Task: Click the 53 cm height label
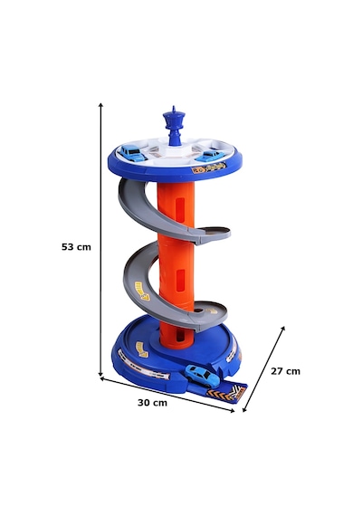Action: tap(76, 247)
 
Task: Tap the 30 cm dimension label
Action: tap(152, 403)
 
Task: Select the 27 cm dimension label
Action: tap(285, 371)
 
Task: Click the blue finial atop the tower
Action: tap(174, 126)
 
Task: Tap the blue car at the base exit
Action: tap(202, 376)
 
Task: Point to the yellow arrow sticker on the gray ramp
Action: tap(142, 290)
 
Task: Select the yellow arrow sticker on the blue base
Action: tap(142, 349)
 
